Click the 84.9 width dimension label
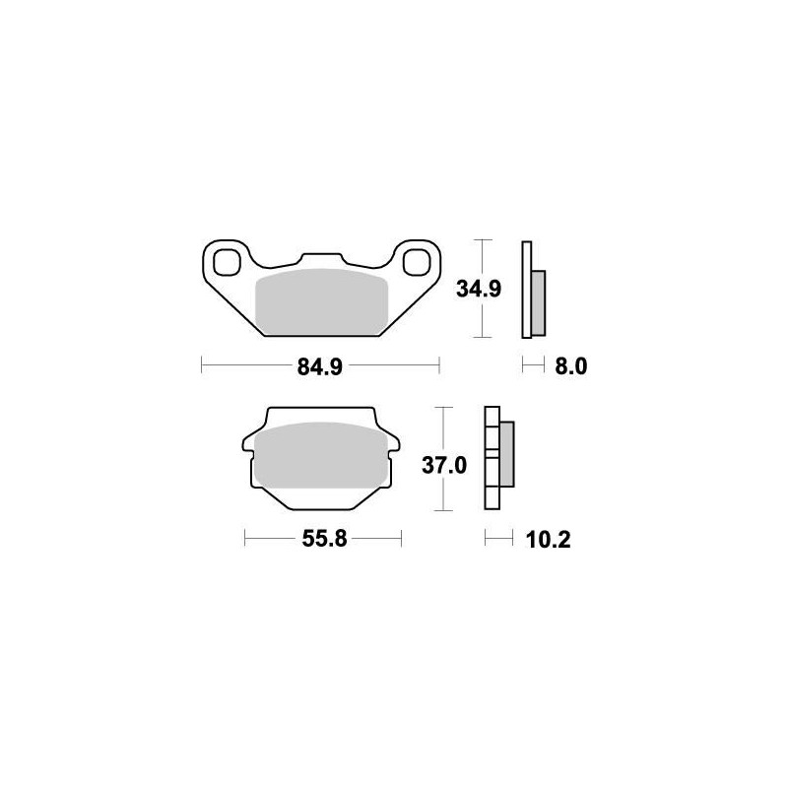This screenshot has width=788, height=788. (x=320, y=367)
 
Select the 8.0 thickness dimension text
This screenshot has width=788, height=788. (x=571, y=367)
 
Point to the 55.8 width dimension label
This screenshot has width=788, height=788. (x=324, y=540)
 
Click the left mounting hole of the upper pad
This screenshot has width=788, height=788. (x=226, y=263)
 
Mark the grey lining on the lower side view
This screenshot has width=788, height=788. (x=506, y=454)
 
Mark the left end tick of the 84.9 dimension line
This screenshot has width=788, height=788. (x=201, y=366)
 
